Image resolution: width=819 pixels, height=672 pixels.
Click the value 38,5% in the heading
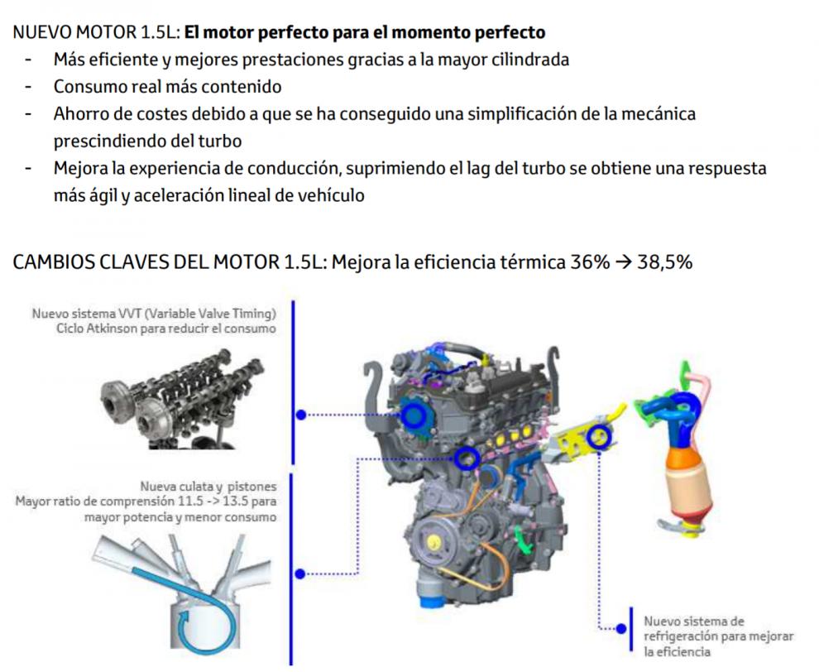coord(664,262)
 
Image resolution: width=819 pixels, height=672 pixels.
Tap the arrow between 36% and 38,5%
coord(624,262)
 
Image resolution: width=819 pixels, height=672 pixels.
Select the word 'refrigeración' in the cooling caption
coord(679,636)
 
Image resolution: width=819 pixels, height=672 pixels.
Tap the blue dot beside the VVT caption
coord(301,415)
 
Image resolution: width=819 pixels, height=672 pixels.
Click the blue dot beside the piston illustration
coord(299,574)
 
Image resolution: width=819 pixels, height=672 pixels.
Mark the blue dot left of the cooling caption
coord(621,629)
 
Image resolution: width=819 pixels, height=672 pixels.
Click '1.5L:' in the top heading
coord(160,32)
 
